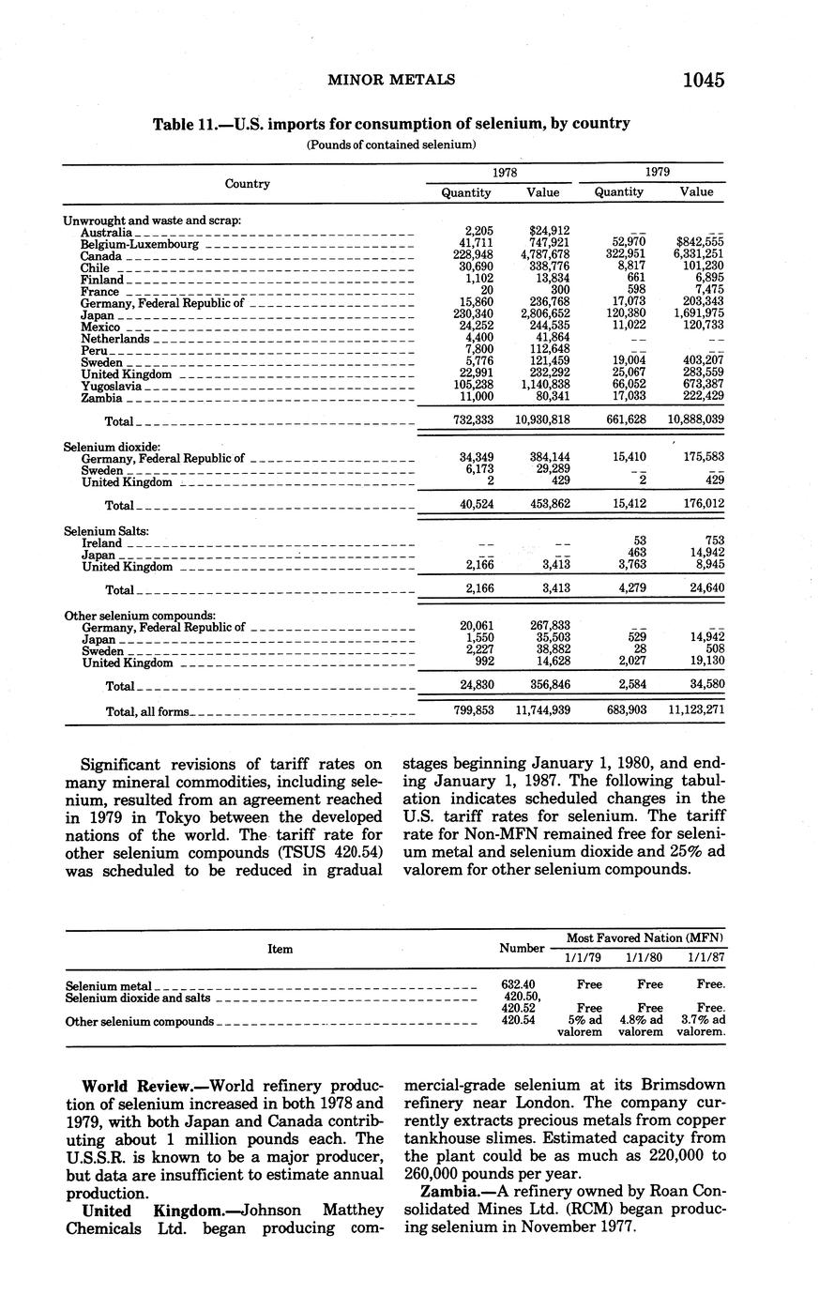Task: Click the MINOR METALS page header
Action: click(391, 81)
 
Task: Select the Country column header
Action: click(248, 184)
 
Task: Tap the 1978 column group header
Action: click(503, 173)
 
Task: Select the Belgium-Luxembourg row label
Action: click(140, 244)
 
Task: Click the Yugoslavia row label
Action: click(112, 386)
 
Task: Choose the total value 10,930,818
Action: click(538, 420)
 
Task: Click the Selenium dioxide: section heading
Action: click(112, 447)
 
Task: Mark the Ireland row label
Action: click(101, 543)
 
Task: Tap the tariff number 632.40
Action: click(519, 984)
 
